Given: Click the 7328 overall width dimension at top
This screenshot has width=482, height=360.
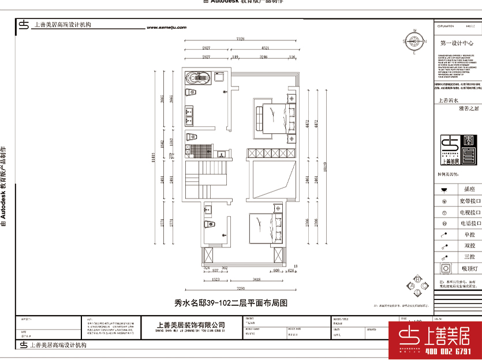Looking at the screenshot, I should pyautogui.click(x=241, y=39).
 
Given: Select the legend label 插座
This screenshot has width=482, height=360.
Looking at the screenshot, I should pyautogui.click(x=469, y=189).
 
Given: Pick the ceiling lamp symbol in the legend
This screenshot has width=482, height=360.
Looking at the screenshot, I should pyautogui.click(x=444, y=268).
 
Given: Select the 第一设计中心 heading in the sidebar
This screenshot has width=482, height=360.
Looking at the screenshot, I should pyautogui.click(x=457, y=43).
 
